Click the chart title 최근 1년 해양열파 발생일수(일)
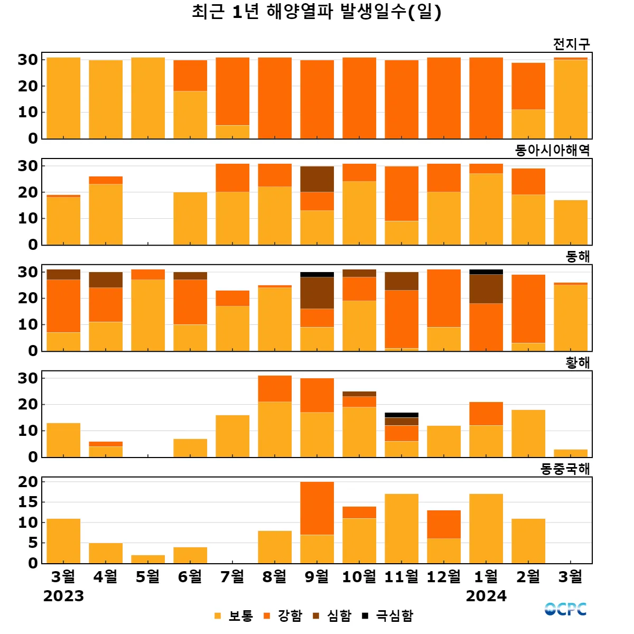point(316,12)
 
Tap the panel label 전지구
point(571,44)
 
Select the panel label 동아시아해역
point(552,150)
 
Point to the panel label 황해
point(577,362)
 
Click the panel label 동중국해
point(565,469)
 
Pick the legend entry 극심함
point(388,616)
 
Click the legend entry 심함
point(332,616)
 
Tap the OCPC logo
point(565,609)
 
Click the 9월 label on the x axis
point(317,576)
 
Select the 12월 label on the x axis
point(444,576)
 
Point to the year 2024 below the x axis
point(486,596)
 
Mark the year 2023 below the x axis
point(63,596)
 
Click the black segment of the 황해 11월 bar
point(402,415)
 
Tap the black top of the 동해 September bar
point(317,275)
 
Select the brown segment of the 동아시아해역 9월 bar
point(317,179)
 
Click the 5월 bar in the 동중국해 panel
point(148,559)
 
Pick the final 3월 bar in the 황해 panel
point(571,453)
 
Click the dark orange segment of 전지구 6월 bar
point(190,76)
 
